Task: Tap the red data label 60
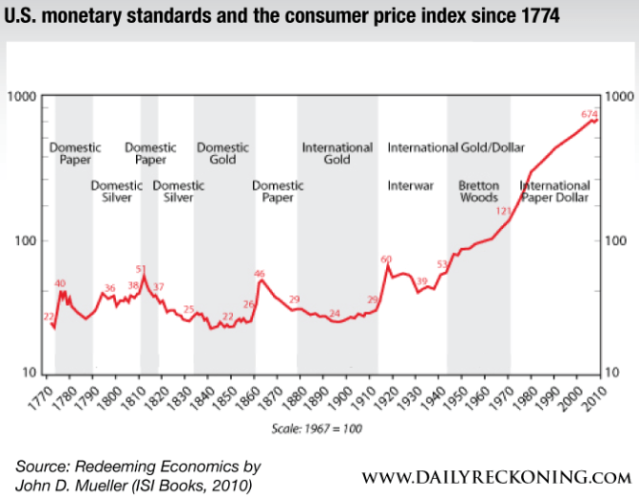pos(387,260)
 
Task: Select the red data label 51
pos(141,269)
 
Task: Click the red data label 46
pos(259,274)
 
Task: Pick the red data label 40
pos(60,283)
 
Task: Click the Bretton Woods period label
pos(478,192)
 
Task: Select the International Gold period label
pos(337,154)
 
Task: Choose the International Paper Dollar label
pos(555,192)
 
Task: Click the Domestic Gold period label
pos(222,154)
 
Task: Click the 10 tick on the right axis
pos(618,373)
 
